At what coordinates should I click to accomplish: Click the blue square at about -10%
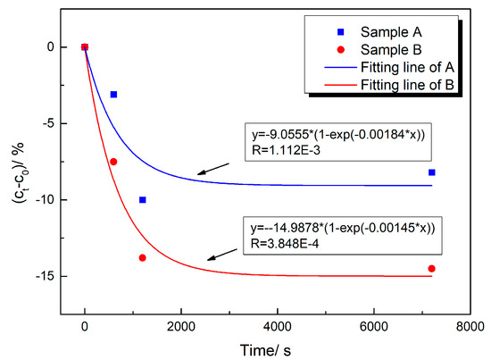click(x=143, y=200)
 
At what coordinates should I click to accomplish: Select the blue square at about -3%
click(x=113, y=94)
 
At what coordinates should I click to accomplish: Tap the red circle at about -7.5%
click(x=113, y=162)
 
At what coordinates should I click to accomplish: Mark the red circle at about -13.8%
click(x=143, y=258)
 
